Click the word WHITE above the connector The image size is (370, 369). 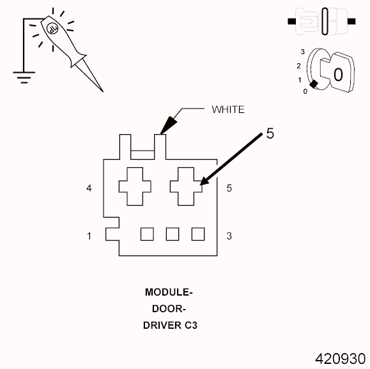tap(227, 109)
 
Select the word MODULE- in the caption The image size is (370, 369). tap(169, 293)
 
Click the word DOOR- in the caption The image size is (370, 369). tap(169, 309)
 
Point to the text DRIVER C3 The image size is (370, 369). tap(169, 325)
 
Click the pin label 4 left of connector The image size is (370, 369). tap(89, 188)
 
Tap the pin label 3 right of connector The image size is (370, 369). tap(229, 236)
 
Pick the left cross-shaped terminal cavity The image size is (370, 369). tap(135, 186)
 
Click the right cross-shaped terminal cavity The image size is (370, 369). tap(186, 186)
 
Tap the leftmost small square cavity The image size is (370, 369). tap(146, 234)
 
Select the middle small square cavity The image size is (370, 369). tap(172, 234)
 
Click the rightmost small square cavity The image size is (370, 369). tap(197, 234)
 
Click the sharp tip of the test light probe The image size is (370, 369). tap(100, 90)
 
